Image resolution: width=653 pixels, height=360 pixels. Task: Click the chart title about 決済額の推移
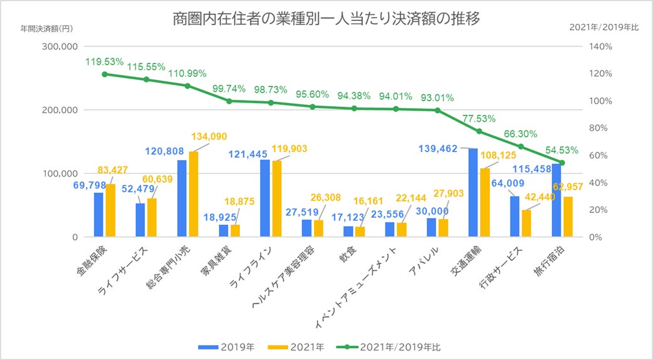pyautogui.click(x=326, y=19)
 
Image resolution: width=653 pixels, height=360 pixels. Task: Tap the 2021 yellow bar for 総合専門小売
pyautogui.click(x=193, y=194)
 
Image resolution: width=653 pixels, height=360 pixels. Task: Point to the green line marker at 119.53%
pyautogui.click(x=104, y=74)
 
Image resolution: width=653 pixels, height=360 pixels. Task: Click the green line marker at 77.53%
pyautogui.click(x=478, y=131)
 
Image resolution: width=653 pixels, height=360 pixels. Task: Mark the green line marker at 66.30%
pyautogui.click(x=521, y=146)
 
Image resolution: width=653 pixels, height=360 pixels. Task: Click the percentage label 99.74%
pyautogui.click(x=229, y=89)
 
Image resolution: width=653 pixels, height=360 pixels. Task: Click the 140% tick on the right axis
pyautogui.click(x=601, y=46)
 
